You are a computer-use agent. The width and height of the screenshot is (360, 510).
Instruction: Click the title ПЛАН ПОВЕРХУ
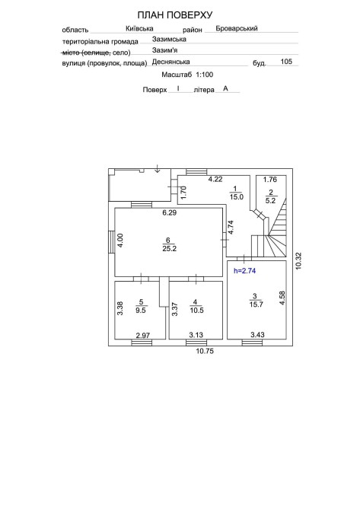(x=174, y=15)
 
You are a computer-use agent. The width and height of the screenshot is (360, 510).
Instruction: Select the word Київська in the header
(x=139, y=29)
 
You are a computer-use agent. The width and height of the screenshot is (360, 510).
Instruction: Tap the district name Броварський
(x=237, y=28)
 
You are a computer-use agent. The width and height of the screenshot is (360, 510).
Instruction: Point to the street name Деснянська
(x=170, y=62)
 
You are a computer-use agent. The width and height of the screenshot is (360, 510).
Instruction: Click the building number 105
(x=286, y=62)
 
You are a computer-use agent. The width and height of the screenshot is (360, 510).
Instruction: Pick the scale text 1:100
(x=204, y=75)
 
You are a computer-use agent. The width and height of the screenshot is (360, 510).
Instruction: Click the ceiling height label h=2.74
(x=244, y=271)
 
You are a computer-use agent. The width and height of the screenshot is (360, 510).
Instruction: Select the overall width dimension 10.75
(x=205, y=351)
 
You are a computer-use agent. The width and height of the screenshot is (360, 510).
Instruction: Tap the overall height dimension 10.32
(x=298, y=261)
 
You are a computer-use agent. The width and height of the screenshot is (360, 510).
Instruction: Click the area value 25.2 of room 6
(x=169, y=249)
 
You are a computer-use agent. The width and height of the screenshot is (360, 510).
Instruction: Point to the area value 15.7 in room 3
(x=256, y=304)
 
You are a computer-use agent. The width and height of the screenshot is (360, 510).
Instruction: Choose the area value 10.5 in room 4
(x=197, y=311)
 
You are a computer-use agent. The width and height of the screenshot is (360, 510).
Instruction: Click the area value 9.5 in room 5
(x=141, y=311)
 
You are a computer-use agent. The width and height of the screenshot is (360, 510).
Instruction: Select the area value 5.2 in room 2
(x=270, y=201)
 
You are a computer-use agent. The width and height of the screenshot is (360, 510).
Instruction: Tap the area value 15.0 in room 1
(x=237, y=197)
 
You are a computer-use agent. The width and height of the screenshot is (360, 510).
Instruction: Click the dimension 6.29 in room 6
(x=170, y=212)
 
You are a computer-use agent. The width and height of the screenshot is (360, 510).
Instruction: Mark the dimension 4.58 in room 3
(x=282, y=298)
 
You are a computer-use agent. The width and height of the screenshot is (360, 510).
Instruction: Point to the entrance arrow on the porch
(x=158, y=168)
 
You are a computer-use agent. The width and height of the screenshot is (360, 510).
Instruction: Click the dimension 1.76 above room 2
(x=270, y=179)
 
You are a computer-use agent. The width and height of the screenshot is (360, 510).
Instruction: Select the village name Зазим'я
(x=164, y=50)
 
